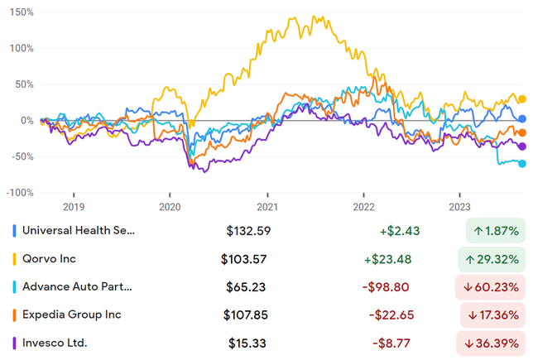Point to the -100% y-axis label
click(x=19, y=192)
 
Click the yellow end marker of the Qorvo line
click(x=521, y=100)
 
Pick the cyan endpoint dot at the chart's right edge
click(x=521, y=164)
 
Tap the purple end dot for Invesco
click(x=521, y=146)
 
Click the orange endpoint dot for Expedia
click(x=521, y=132)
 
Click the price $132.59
click(x=248, y=231)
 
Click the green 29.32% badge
click(x=492, y=259)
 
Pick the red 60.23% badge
click(x=492, y=287)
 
